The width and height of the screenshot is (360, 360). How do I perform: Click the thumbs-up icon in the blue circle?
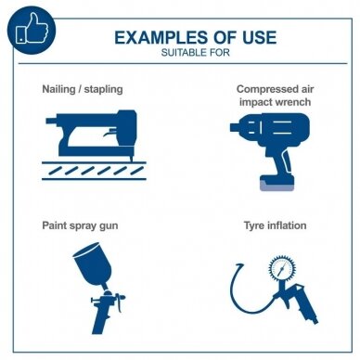click(x=32, y=30)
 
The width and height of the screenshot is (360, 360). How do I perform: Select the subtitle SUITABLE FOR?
click(x=196, y=53)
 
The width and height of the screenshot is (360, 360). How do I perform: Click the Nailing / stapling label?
click(x=83, y=89)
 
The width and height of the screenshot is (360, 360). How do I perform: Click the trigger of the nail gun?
click(x=110, y=133)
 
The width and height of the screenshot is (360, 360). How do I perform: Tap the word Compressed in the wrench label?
click(x=264, y=89)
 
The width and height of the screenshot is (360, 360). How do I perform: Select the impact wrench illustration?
click(x=270, y=152)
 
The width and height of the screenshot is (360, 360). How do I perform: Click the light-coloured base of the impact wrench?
click(x=276, y=186)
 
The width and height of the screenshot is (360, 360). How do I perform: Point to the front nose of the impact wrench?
click(x=236, y=127)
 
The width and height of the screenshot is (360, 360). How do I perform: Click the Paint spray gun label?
click(x=80, y=225)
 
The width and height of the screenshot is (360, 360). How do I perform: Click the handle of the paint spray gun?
click(x=101, y=318)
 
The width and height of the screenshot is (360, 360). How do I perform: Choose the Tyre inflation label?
click(x=276, y=225)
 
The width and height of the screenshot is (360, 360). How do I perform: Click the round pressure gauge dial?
click(x=281, y=268)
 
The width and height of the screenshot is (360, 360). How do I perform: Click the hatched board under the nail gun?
click(x=94, y=171)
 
